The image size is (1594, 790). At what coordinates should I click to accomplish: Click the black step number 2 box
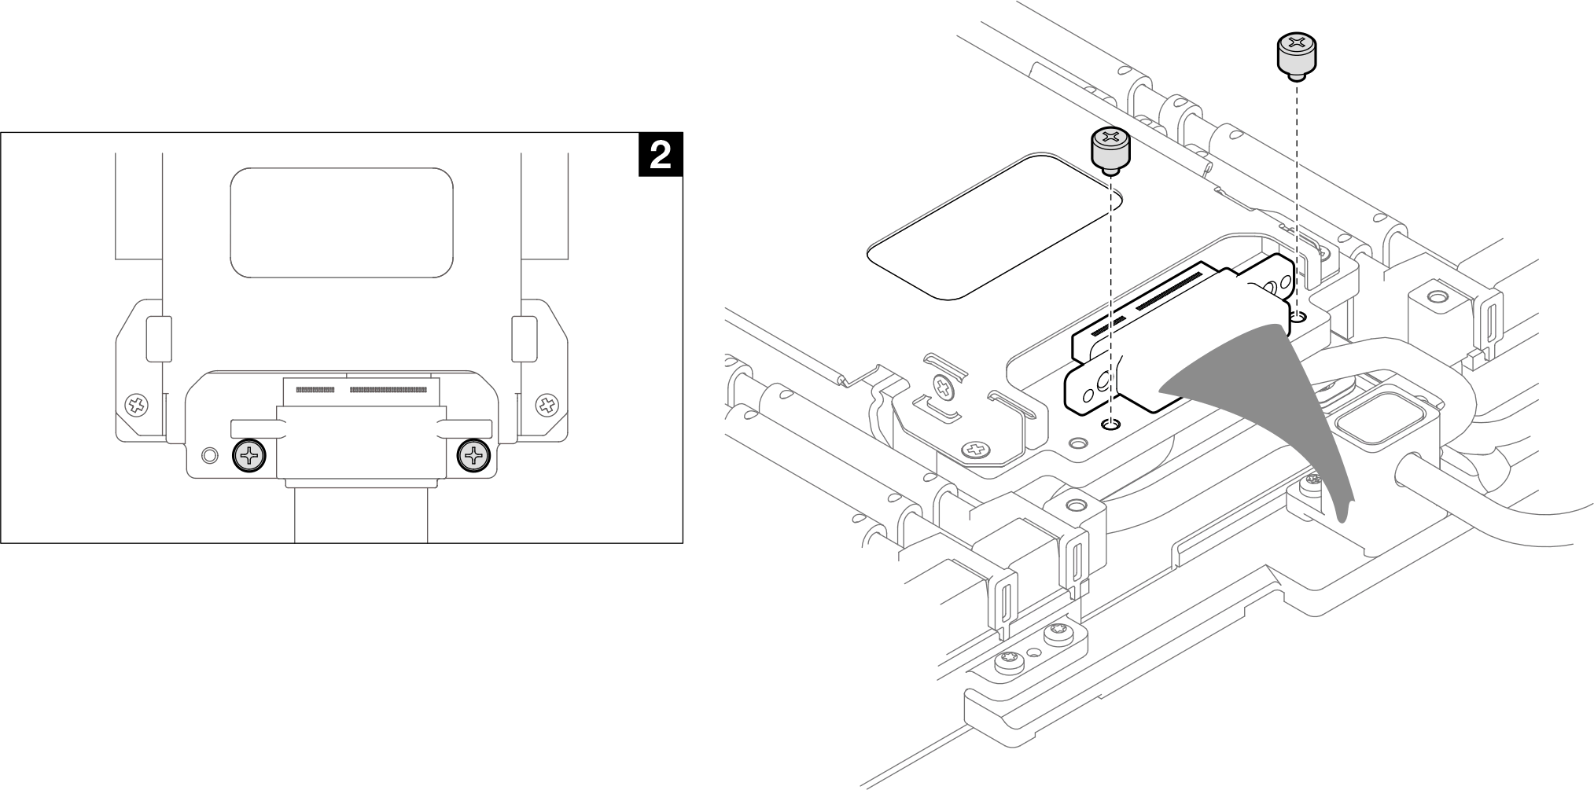(660, 155)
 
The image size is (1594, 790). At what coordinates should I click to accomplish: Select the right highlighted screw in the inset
(474, 455)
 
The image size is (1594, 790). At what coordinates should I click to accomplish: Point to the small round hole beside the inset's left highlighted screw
(209, 455)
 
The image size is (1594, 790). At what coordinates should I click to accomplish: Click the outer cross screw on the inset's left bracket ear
(138, 406)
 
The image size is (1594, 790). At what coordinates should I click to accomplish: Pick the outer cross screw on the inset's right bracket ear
(546, 406)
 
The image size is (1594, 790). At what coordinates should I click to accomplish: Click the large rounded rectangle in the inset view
(341, 222)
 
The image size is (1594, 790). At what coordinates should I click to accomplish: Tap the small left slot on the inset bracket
(158, 339)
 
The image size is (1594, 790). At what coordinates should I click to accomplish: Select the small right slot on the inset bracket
(524, 339)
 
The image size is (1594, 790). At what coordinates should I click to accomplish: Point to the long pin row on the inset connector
(388, 390)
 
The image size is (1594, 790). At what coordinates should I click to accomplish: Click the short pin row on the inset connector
(315, 390)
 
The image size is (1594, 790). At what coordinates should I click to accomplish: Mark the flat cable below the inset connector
(361, 515)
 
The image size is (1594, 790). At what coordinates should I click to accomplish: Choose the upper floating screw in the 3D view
(1295, 55)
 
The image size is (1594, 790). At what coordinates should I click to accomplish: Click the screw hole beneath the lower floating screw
(1110, 425)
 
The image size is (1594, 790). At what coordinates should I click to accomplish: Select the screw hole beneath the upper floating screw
(1298, 317)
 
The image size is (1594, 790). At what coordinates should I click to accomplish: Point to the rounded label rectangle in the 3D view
(995, 227)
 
